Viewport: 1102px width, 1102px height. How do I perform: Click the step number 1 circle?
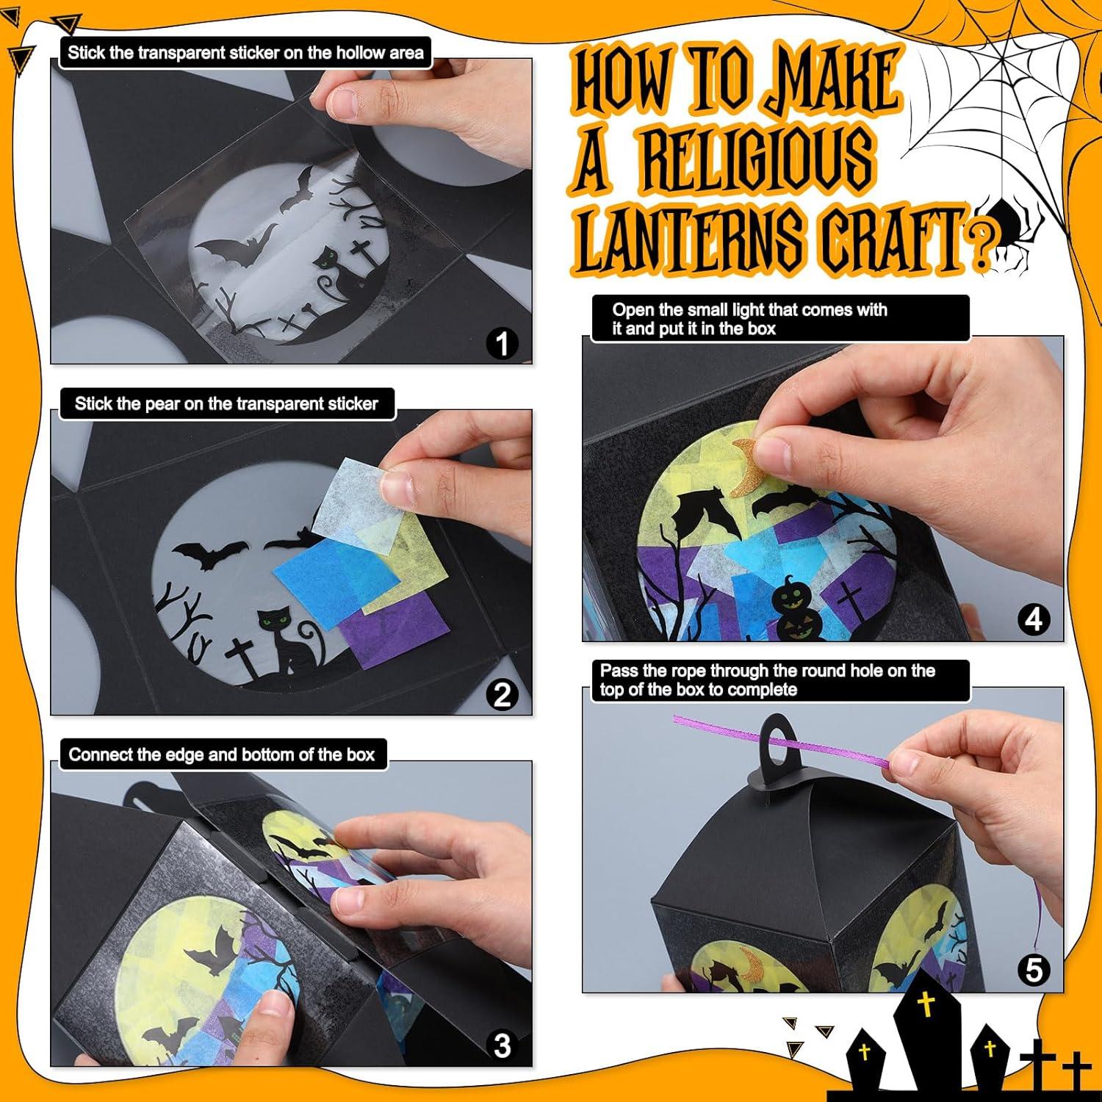point(503,343)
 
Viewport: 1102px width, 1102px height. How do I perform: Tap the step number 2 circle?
point(503,694)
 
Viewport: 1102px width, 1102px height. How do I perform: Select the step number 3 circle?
point(503,1045)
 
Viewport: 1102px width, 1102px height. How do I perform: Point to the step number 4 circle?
point(1034,620)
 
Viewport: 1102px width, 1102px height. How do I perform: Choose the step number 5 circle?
point(1034,970)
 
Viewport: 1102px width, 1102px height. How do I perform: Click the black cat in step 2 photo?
point(283,643)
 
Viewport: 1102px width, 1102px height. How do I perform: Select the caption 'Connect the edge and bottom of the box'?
point(222,755)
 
